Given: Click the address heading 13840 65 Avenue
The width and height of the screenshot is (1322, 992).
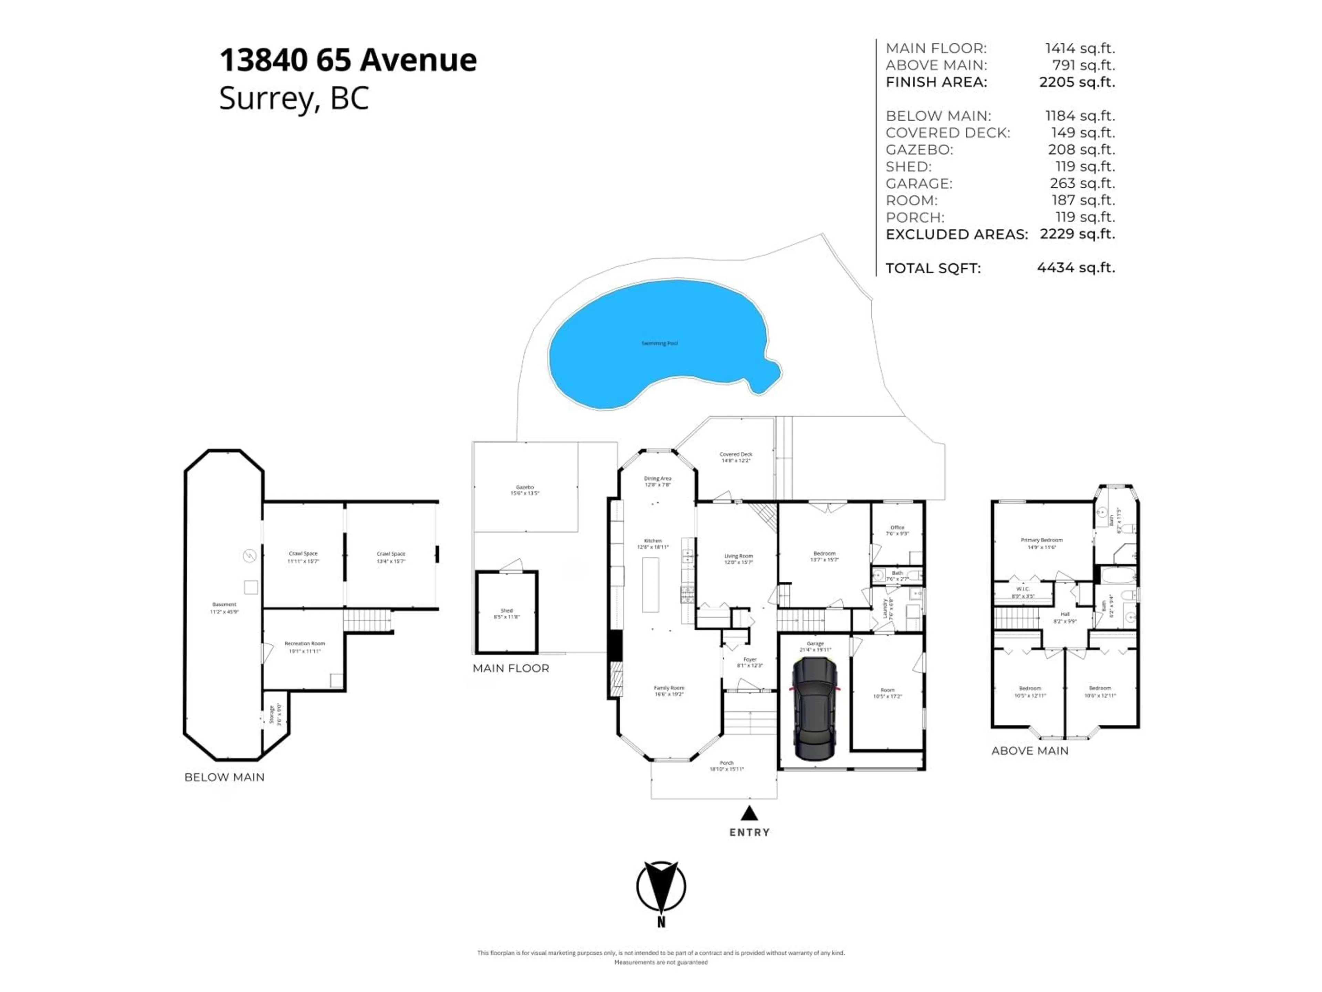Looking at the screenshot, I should coord(348,60).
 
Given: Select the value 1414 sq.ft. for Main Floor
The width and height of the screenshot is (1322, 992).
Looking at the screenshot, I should coord(1079,49).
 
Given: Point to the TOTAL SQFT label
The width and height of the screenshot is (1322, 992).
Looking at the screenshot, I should coord(933,268).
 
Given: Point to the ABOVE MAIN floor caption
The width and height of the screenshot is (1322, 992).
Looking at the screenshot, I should coord(1030,751).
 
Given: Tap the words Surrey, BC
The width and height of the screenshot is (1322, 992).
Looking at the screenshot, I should coord(294,98).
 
